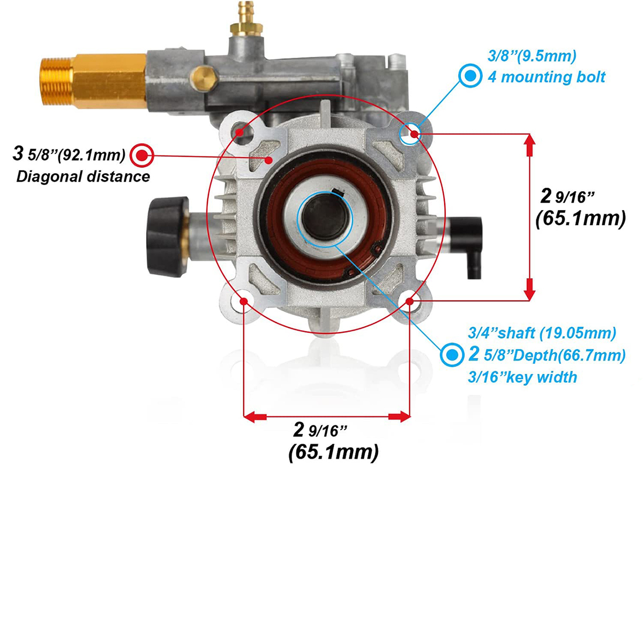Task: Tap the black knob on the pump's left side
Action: [x=167, y=229]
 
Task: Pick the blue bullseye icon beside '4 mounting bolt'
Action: [x=470, y=76]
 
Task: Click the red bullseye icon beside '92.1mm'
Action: [x=142, y=156]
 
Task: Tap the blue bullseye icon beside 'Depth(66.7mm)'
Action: [x=452, y=355]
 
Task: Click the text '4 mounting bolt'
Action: [x=546, y=77]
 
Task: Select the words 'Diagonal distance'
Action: [x=83, y=176]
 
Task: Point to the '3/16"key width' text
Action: [x=522, y=377]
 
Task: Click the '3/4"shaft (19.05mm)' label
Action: [x=542, y=333]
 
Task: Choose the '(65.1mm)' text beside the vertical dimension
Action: [x=581, y=219]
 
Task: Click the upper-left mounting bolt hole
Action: [x=243, y=132]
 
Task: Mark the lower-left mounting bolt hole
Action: [x=244, y=301]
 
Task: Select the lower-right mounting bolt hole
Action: [x=410, y=302]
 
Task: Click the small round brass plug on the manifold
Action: [x=205, y=77]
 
